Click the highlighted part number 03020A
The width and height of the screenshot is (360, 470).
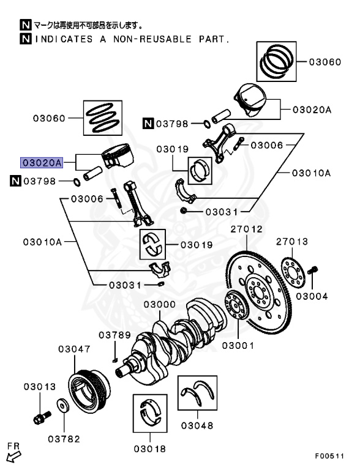pyautogui.click(x=42, y=163)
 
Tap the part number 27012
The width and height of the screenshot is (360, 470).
pyautogui.click(x=246, y=229)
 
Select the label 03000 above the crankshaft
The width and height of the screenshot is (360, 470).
pyautogui.click(x=160, y=305)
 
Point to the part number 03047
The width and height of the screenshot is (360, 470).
pyautogui.click(x=74, y=349)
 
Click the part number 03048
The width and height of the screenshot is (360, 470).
pyautogui.click(x=197, y=425)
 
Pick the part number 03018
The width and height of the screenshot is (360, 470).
pyautogui.click(x=150, y=449)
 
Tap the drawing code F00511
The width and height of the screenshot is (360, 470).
pyautogui.click(x=329, y=456)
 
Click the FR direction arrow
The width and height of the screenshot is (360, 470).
pyautogui.click(x=14, y=457)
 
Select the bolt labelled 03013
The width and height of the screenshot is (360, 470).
pyautogui.click(x=42, y=417)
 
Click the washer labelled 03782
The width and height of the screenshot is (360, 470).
pyautogui.click(x=63, y=406)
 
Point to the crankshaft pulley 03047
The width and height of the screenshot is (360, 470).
pyautogui.click(x=89, y=390)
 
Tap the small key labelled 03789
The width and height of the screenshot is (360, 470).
pyautogui.click(x=114, y=360)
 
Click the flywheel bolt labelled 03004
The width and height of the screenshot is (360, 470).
pyautogui.click(x=312, y=270)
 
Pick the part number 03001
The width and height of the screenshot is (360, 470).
pyautogui.click(x=238, y=346)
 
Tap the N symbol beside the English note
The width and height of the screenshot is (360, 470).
pyautogui.click(x=26, y=39)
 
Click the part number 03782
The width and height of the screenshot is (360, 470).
pyautogui.click(x=64, y=439)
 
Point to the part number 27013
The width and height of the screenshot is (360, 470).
pyautogui.click(x=292, y=242)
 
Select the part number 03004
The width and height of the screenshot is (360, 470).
pyautogui.click(x=312, y=296)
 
